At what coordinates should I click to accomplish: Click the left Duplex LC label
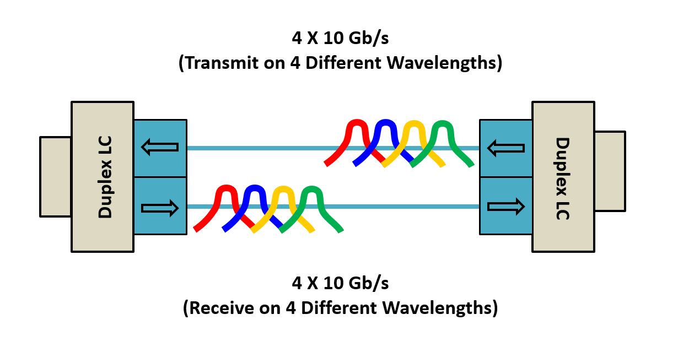[105, 177]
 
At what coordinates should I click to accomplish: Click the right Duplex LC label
[563, 178]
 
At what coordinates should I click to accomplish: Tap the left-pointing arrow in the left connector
[160, 147]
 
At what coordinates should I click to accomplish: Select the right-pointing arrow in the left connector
[160, 208]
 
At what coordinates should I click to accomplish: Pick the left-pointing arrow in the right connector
[506, 148]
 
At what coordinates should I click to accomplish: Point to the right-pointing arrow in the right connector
[506, 207]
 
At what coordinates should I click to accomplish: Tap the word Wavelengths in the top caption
[442, 63]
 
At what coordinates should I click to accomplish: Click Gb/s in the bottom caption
[368, 284]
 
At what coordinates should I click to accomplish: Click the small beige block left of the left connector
[55, 177]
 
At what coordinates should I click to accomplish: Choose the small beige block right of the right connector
[610, 171]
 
